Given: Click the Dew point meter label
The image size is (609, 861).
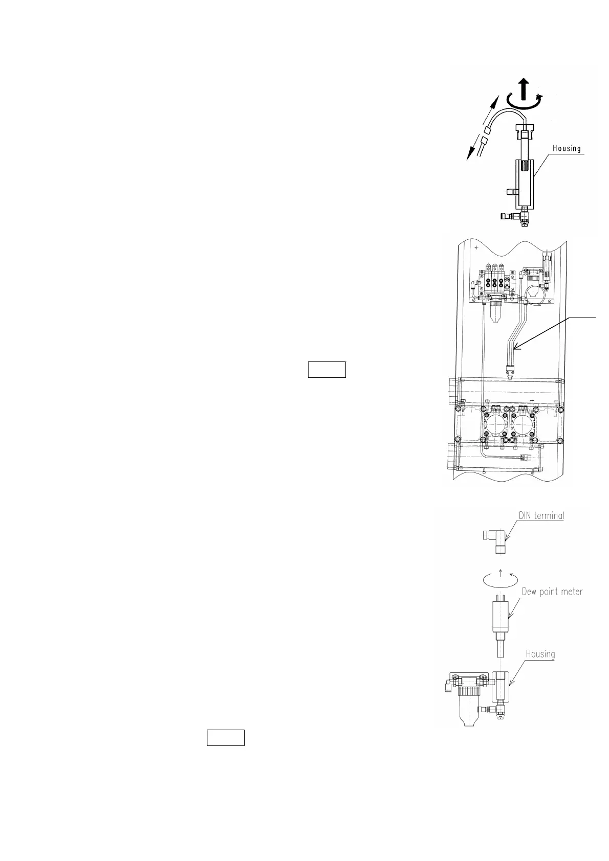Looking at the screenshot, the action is point(552,592).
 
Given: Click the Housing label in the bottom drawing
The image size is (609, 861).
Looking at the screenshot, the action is point(540,653).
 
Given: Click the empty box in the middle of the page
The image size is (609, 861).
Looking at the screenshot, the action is point(327,369).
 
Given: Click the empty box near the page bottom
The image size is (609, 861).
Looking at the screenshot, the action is point(225,738).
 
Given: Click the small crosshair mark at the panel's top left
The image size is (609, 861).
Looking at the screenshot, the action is point(476,247).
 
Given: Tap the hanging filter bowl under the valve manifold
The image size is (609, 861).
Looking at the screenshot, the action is point(495,315).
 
